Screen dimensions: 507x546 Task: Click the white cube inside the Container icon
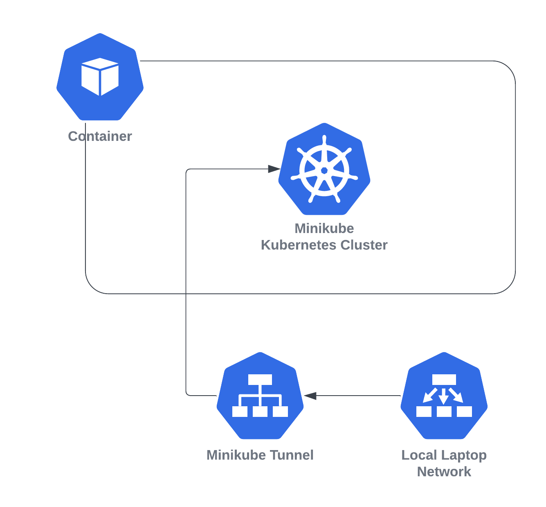pyautogui.click(x=100, y=77)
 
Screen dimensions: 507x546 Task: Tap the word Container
pyautogui.click(x=100, y=136)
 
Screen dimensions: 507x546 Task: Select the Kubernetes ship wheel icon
pyautogui.click(x=324, y=169)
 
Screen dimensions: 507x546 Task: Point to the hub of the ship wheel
pyautogui.click(x=324, y=170)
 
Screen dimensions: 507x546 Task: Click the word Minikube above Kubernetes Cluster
pyautogui.click(x=324, y=228)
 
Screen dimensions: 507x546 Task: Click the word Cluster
pyautogui.click(x=364, y=245)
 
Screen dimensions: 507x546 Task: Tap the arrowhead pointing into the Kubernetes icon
pyautogui.click(x=273, y=169)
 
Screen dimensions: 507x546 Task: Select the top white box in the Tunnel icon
pyautogui.click(x=260, y=380)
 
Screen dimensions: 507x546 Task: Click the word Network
pyautogui.click(x=444, y=471)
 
